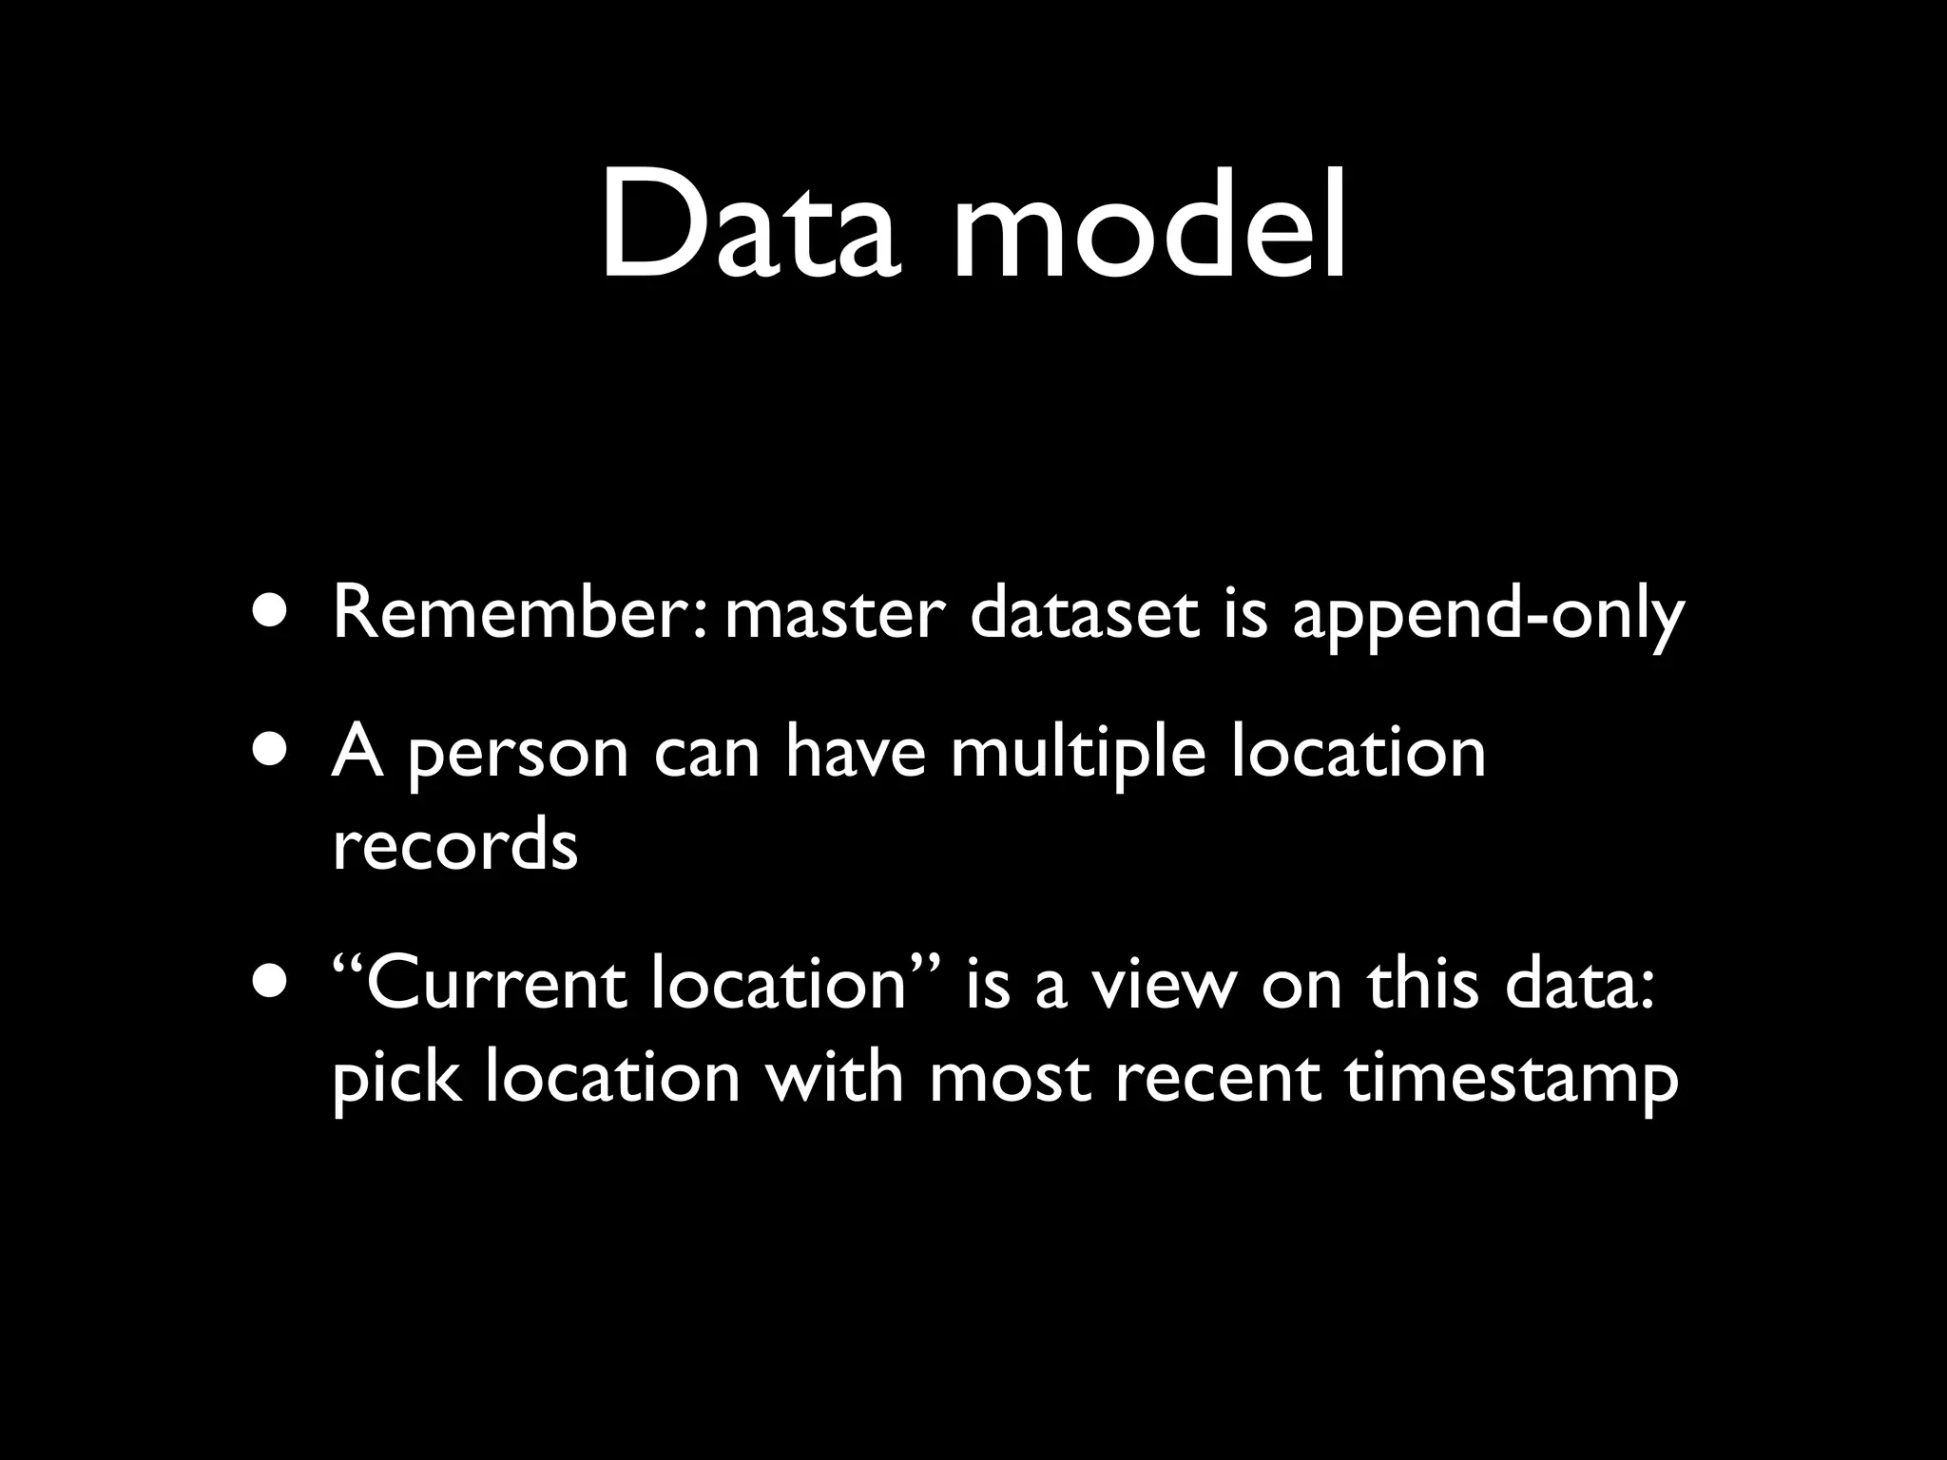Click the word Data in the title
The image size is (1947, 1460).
click(747, 225)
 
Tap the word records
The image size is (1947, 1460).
click(454, 846)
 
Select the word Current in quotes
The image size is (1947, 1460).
click(494, 984)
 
